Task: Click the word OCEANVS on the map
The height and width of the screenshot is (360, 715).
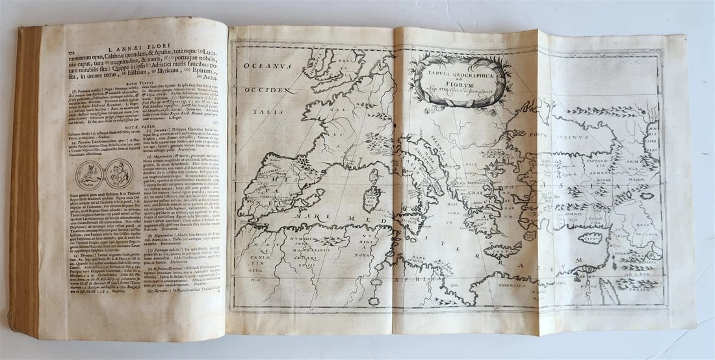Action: tap(273, 65)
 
